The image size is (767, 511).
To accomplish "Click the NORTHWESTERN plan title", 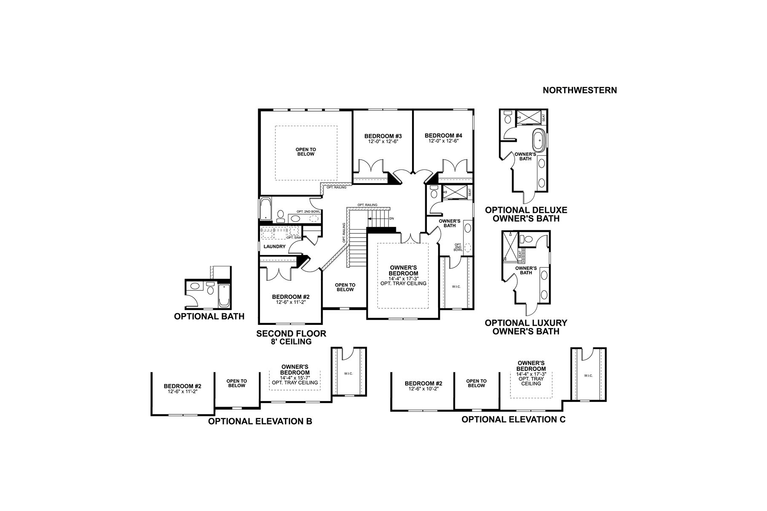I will pyautogui.click(x=580, y=90).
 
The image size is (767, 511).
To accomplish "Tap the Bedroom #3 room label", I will pyautogui.click(x=383, y=136).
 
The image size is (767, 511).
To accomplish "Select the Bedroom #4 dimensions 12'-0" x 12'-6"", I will pyautogui.click(x=443, y=141).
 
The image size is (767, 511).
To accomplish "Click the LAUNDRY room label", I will pyautogui.click(x=274, y=247).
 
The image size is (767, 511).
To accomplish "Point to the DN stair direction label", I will pyautogui.click(x=392, y=218).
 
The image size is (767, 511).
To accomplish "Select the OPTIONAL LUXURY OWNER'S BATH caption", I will pyautogui.click(x=526, y=327).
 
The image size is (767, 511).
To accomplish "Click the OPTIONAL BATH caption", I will pyautogui.click(x=209, y=316).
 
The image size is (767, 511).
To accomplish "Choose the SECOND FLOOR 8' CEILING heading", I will pyautogui.click(x=291, y=337).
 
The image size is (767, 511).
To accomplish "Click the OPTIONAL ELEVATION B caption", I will pyautogui.click(x=260, y=422).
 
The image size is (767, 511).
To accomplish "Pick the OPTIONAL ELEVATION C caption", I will pyautogui.click(x=513, y=419).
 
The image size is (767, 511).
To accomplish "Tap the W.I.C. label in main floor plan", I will pyautogui.click(x=456, y=287).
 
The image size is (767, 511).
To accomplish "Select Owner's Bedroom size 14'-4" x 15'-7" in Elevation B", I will pyautogui.click(x=295, y=378).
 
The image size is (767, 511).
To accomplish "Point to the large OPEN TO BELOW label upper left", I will pyautogui.click(x=306, y=152).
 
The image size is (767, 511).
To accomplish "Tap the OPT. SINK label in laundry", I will pyautogui.click(x=294, y=238).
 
